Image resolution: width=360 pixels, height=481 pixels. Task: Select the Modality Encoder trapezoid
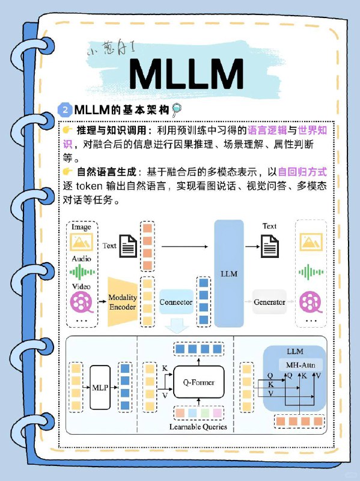pos(123,302)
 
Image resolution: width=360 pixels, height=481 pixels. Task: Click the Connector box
pos(175,302)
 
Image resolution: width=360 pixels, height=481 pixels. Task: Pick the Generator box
pos(269,302)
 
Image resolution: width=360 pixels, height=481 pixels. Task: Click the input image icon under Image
pos(81,242)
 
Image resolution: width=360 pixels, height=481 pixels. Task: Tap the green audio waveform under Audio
pos(81,271)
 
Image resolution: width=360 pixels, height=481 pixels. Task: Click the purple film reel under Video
pos(82,301)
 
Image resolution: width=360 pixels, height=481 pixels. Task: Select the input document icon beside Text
pos(128,246)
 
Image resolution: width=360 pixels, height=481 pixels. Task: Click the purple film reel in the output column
pos(311,301)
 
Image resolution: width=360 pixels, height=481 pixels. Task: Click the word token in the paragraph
pos(91,186)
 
